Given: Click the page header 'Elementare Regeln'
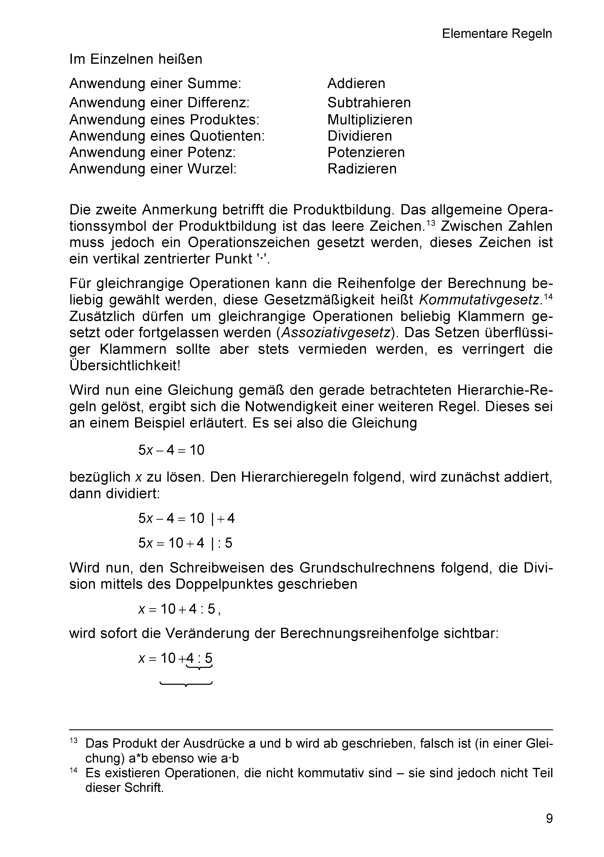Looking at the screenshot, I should coord(497,34).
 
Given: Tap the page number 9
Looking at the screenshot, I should coord(549,818).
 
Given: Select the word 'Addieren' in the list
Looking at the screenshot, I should coord(356,83).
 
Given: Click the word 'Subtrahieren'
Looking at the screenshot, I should coord(369,103).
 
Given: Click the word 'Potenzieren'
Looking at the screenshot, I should coord(366,152).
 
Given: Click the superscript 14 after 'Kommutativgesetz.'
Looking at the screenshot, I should coord(548,297).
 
